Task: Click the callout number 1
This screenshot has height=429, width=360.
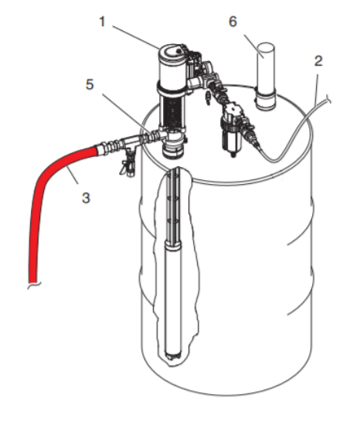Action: tap(102, 22)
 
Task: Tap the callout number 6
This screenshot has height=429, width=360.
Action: tap(233, 22)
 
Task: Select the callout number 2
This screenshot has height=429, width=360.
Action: tap(318, 61)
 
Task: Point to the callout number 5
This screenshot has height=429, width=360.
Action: tap(90, 84)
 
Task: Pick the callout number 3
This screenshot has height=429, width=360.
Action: tap(86, 198)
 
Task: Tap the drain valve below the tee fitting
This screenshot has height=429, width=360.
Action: tap(127, 164)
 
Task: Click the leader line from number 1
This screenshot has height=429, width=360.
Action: tap(136, 37)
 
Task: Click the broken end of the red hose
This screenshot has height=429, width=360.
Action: tap(33, 284)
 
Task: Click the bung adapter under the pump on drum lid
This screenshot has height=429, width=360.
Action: tap(172, 148)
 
